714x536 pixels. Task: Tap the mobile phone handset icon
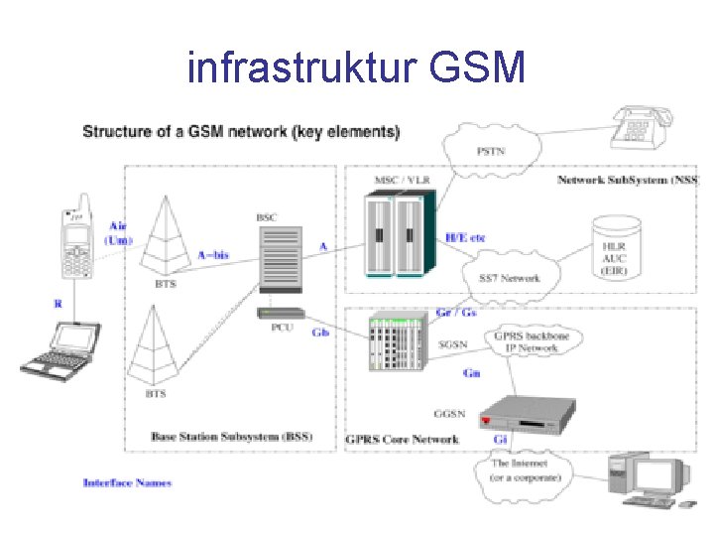coord(77,249)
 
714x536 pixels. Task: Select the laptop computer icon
coord(60,349)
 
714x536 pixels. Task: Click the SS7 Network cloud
coord(508,277)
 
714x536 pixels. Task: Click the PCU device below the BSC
coord(280,314)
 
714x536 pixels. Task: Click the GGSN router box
coord(525,414)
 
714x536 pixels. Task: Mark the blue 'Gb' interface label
coord(320,333)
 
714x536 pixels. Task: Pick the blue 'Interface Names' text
coord(127,482)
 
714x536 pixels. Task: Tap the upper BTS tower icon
coord(166,234)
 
